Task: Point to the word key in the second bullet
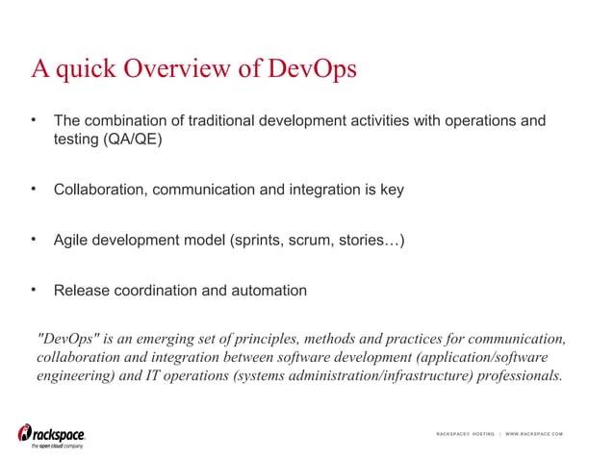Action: [x=392, y=190]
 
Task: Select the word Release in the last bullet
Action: [x=81, y=291]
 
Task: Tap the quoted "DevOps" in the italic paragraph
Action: [x=66, y=339]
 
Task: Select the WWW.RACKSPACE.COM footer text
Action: [x=534, y=434]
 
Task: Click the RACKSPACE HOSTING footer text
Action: [x=465, y=434]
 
